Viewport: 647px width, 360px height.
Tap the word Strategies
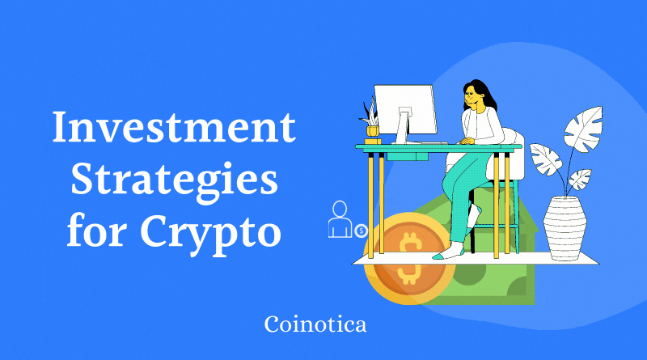click(x=173, y=180)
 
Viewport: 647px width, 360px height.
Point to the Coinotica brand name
click(x=315, y=325)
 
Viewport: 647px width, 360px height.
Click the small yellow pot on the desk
click(x=373, y=129)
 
